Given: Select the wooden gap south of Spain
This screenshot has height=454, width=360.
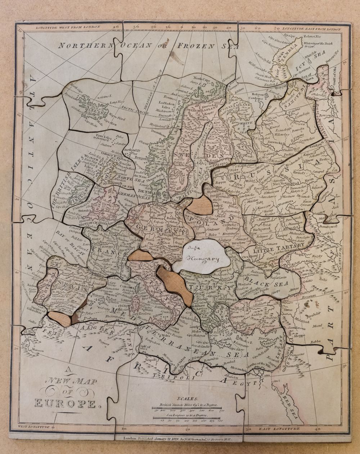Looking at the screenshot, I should point(59,319).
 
